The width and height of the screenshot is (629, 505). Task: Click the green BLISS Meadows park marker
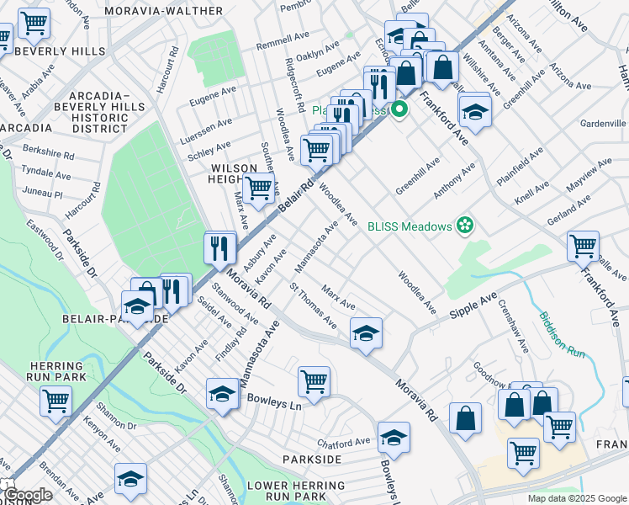click(462, 226)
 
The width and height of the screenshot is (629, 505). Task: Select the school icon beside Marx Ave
click(367, 333)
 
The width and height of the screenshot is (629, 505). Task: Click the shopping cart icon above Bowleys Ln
click(314, 380)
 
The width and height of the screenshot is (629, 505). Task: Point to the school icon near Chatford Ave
click(394, 437)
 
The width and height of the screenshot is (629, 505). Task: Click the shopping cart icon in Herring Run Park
click(55, 401)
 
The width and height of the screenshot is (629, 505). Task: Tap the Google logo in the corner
click(27, 495)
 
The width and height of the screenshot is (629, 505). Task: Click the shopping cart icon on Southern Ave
click(259, 189)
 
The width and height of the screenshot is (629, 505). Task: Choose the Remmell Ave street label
click(283, 41)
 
